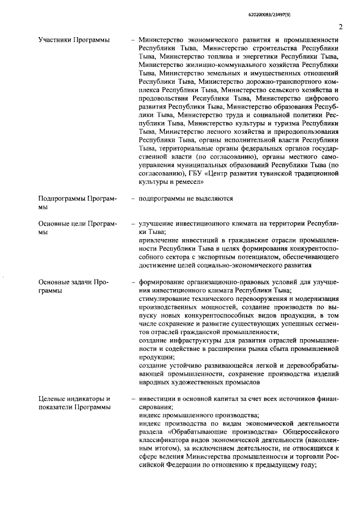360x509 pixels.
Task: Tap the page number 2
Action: pos(340,26)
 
